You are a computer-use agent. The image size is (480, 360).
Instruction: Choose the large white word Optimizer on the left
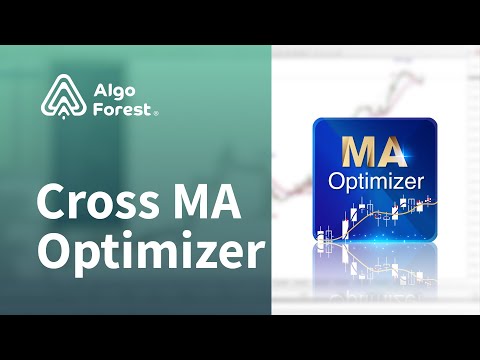pyautogui.click(x=150, y=252)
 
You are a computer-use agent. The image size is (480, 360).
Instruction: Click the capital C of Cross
pyautogui.click(x=50, y=204)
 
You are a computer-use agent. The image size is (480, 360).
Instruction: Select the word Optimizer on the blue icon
pyautogui.click(x=375, y=183)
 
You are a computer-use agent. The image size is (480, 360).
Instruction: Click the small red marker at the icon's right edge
pyautogui.click(x=431, y=201)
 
